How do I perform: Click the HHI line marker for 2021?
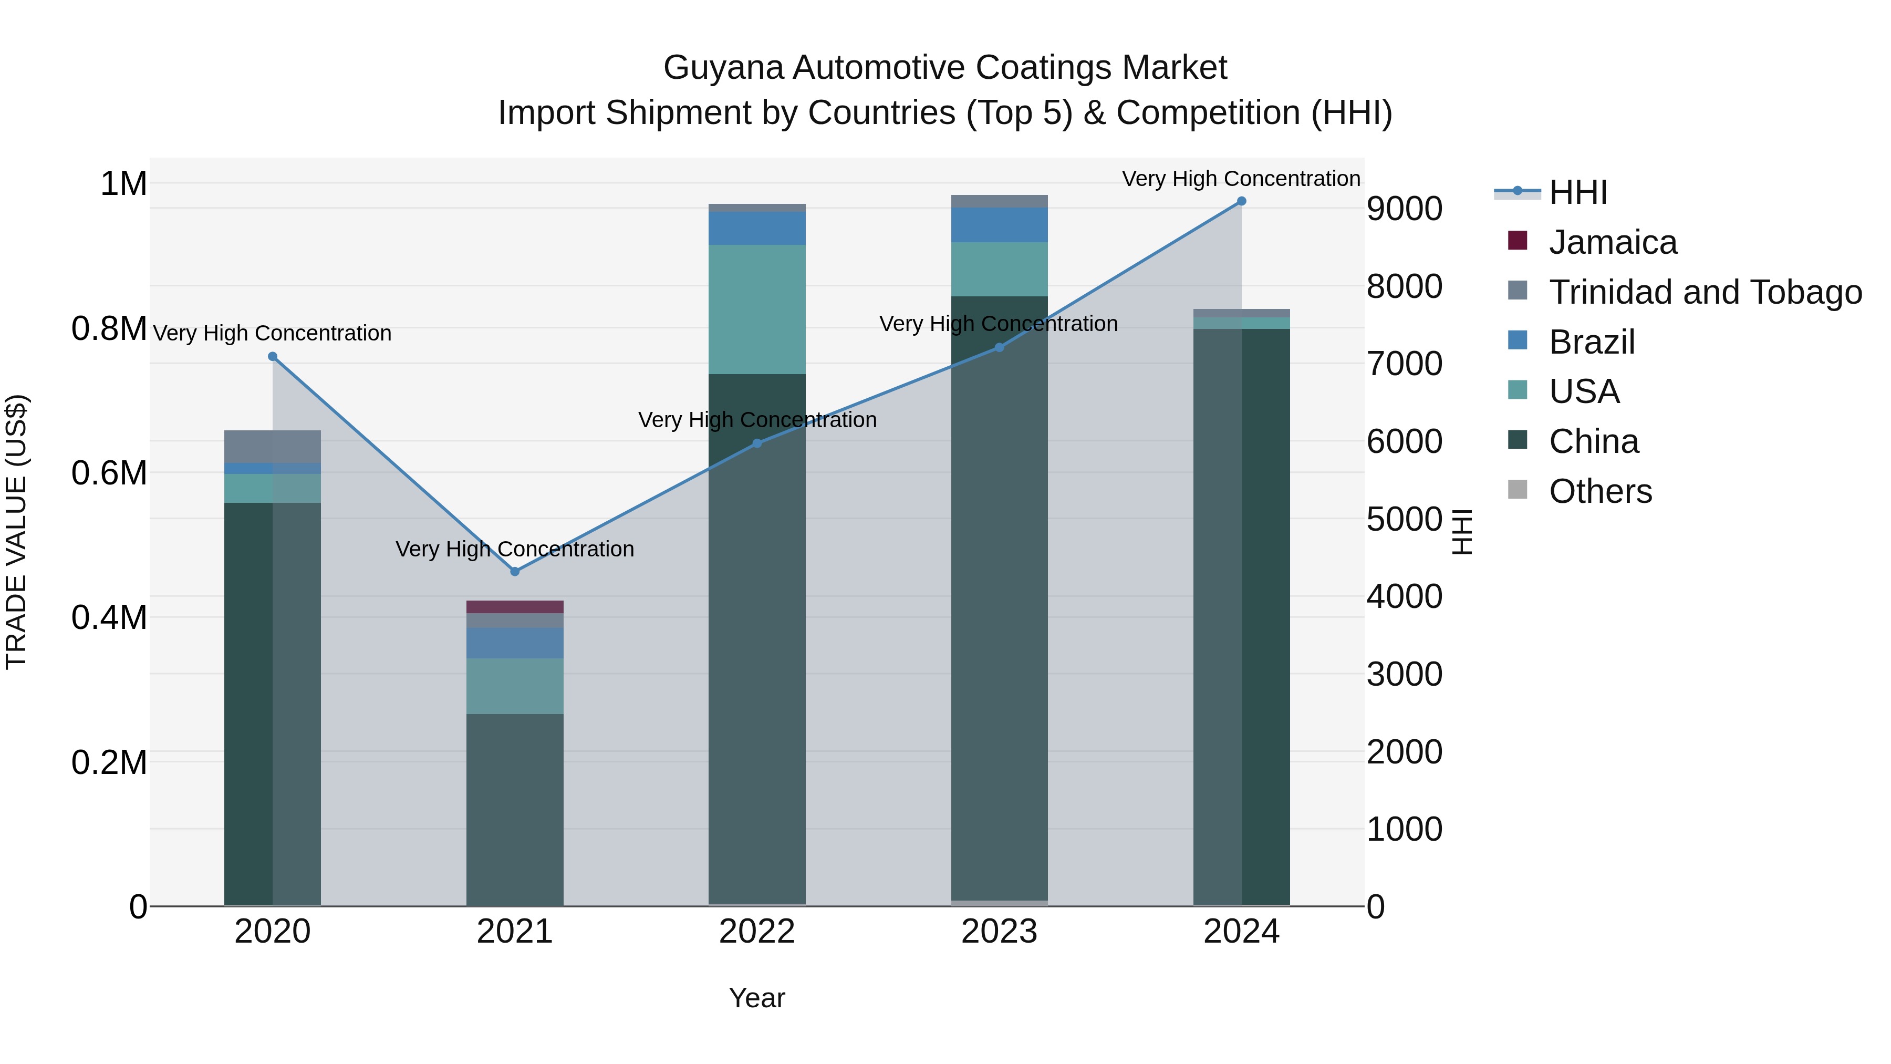pyautogui.click(x=515, y=571)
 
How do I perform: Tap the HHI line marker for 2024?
pyautogui.click(x=1241, y=201)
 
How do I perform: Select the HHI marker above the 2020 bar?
pyautogui.click(x=272, y=356)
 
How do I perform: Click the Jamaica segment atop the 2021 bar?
pyautogui.click(x=515, y=606)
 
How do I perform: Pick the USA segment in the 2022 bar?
pyautogui.click(x=757, y=308)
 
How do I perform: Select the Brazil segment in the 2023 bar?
pyautogui.click(x=999, y=225)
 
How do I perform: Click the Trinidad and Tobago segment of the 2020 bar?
pyautogui.click(x=272, y=447)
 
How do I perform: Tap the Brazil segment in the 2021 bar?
pyautogui.click(x=515, y=643)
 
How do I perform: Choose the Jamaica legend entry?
pyautogui.click(x=1613, y=242)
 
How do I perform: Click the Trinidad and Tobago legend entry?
pyautogui.click(x=1705, y=292)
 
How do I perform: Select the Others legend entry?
pyautogui.click(x=1601, y=491)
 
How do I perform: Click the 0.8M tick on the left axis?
pyautogui.click(x=109, y=328)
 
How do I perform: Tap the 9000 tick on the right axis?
pyautogui.click(x=1404, y=209)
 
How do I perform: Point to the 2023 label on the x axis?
pyautogui.click(x=999, y=932)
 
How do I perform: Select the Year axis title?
pyautogui.click(x=757, y=998)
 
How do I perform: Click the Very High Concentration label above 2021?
pyautogui.click(x=515, y=549)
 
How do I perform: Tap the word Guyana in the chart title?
pyautogui.click(x=723, y=68)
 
